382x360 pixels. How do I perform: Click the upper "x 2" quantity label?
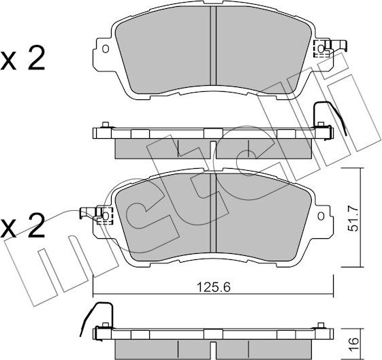point(23,60)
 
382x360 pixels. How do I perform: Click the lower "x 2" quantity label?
point(23,225)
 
